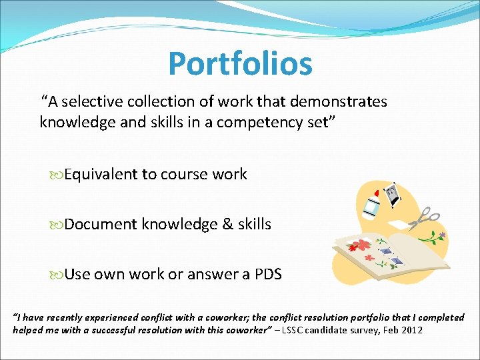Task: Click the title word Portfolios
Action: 240,64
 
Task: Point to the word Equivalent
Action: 102,175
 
